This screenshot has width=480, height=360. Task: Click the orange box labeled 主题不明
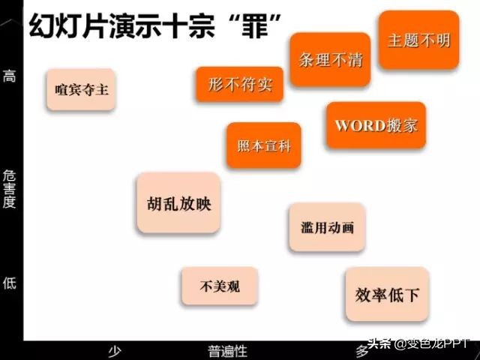click(x=418, y=40)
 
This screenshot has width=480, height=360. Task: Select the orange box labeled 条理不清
click(x=330, y=60)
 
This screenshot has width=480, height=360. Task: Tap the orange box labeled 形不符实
click(x=240, y=84)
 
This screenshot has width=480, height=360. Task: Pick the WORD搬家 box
click(x=376, y=124)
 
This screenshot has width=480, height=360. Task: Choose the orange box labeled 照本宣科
click(x=263, y=145)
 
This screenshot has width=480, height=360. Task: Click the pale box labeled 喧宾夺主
click(x=81, y=89)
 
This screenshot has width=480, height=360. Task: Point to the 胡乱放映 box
click(x=178, y=202)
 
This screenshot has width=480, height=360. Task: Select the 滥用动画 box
click(x=327, y=227)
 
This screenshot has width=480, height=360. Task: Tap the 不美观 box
click(x=220, y=286)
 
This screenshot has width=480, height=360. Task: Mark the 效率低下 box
click(x=387, y=295)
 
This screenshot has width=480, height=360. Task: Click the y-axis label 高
click(x=10, y=76)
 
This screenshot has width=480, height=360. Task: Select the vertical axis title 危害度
click(x=10, y=188)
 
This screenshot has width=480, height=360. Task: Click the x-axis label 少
click(x=115, y=351)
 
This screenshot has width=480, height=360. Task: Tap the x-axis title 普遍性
click(x=227, y=351)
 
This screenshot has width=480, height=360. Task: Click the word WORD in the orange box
click(x=359, y=125)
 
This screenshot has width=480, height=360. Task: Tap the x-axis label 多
click(x=361, y=349)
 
